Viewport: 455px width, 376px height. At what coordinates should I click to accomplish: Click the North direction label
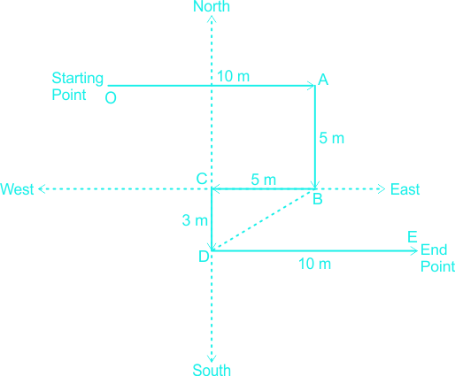point(212,6)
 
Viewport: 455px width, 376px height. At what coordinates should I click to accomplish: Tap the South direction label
point(212,370)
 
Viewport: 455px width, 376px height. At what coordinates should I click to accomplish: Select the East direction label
point(405,189)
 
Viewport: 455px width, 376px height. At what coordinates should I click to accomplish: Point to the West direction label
point(17,189)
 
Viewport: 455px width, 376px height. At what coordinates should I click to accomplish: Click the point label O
point(111,97)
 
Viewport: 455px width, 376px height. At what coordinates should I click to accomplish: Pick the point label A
point(323,80)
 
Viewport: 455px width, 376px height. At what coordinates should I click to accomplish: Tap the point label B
point(318,199)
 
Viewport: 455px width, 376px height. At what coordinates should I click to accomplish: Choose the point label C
point(202,179)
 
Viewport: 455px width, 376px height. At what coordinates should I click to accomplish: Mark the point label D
point(204,257)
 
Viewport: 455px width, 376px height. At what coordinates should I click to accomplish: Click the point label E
point(413,237)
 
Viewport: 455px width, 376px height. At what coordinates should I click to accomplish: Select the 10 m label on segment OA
point(233,76)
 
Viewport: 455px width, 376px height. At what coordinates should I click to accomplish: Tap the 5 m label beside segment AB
point(332,138)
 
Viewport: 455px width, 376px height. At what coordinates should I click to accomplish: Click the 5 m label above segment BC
point(264,180)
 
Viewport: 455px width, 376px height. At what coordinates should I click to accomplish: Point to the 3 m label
point(195,220)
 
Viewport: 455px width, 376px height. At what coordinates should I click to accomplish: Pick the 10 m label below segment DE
point(314,264)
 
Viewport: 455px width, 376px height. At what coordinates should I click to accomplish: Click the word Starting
point(77,79)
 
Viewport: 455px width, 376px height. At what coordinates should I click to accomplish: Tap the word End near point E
point(434,249)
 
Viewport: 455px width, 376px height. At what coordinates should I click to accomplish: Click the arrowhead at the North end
point(212,19)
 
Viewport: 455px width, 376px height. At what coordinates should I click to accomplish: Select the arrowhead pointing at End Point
point(414,251)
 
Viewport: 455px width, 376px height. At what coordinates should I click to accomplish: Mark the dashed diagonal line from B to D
point(262,220)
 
